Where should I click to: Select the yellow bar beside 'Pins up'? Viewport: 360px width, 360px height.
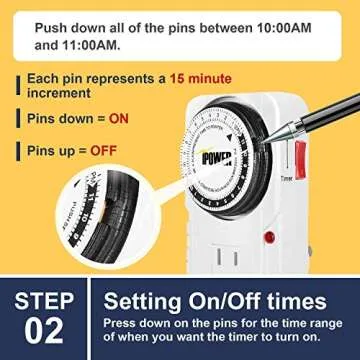[19, 152]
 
